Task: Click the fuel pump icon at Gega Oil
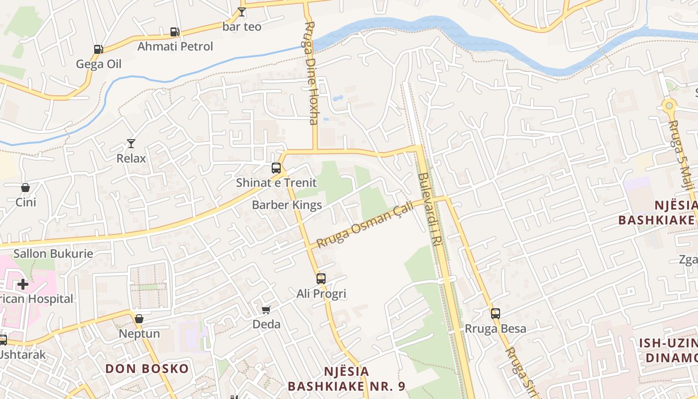point(98,49)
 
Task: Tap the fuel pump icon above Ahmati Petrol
point(174,32)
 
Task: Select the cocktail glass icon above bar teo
point(242,12)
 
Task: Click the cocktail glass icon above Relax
point(131,144)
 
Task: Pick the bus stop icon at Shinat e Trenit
point(276,168)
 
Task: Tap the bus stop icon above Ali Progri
point(321,279)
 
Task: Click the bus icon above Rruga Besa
point(495,314)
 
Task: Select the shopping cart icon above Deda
point(266,310)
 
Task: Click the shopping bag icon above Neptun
point(139,319)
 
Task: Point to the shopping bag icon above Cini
point(25,188)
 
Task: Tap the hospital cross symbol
point(23,284)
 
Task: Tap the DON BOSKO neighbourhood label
point(147,369)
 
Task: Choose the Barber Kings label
point(287,205)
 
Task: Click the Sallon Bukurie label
point(53,253)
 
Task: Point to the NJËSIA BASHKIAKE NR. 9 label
point(347,379)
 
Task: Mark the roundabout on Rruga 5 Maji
point(669,105)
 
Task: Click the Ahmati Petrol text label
point(175,46)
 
